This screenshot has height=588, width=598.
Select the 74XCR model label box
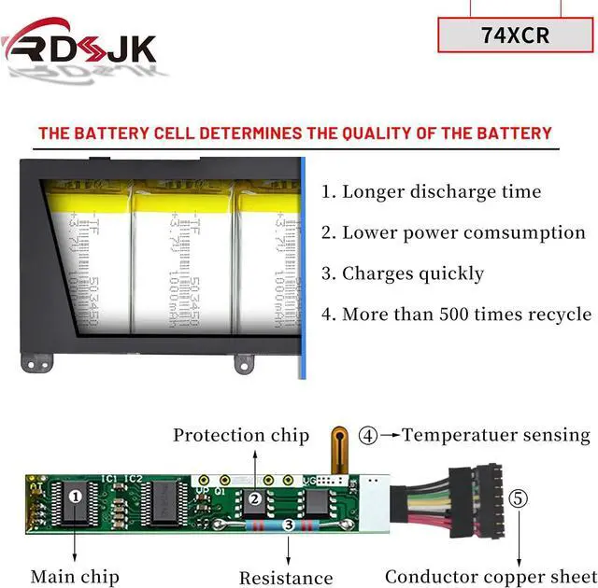point(515,35)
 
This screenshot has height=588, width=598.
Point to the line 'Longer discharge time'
point(431,192)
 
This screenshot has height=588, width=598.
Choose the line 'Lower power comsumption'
point(453,232)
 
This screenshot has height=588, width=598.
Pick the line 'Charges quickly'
point(403,273)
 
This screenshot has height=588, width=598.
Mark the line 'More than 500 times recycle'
point(456,314)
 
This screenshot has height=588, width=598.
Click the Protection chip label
point(241,435)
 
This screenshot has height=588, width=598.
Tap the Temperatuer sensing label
point(496,435)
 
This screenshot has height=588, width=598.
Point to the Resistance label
point(286,578)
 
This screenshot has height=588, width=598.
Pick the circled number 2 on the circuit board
point(254,499)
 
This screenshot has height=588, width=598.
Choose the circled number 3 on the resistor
point(289,526)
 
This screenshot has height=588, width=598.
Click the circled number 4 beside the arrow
point(369,435)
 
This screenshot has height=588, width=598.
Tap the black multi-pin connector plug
point(487,500)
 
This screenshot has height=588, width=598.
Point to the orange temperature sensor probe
point(340,447)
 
